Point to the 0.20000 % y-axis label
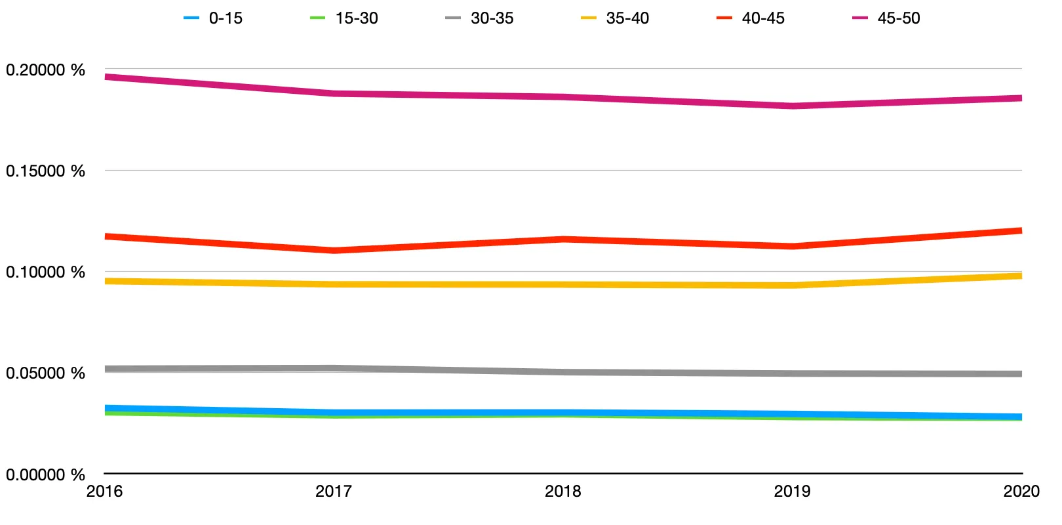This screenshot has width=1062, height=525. [45, 70]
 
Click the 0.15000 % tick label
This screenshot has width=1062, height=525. [45, 171]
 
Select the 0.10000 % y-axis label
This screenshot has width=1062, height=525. [45, 272]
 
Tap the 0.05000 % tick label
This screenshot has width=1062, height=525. [45, 373]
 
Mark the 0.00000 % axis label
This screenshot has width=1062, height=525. [45, 474]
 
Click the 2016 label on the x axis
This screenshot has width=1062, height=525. [105, 492]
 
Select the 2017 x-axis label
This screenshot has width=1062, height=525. [334, 492]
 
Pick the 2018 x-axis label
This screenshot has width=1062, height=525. [563, 492]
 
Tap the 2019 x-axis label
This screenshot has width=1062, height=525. [792, 492]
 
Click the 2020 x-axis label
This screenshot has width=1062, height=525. [1021, 492]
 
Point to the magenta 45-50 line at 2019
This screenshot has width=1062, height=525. [793, 106]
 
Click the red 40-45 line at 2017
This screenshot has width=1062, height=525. [334, 250]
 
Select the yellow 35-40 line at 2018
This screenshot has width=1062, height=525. [563, 284]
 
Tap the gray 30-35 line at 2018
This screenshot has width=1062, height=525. [563, 372]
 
